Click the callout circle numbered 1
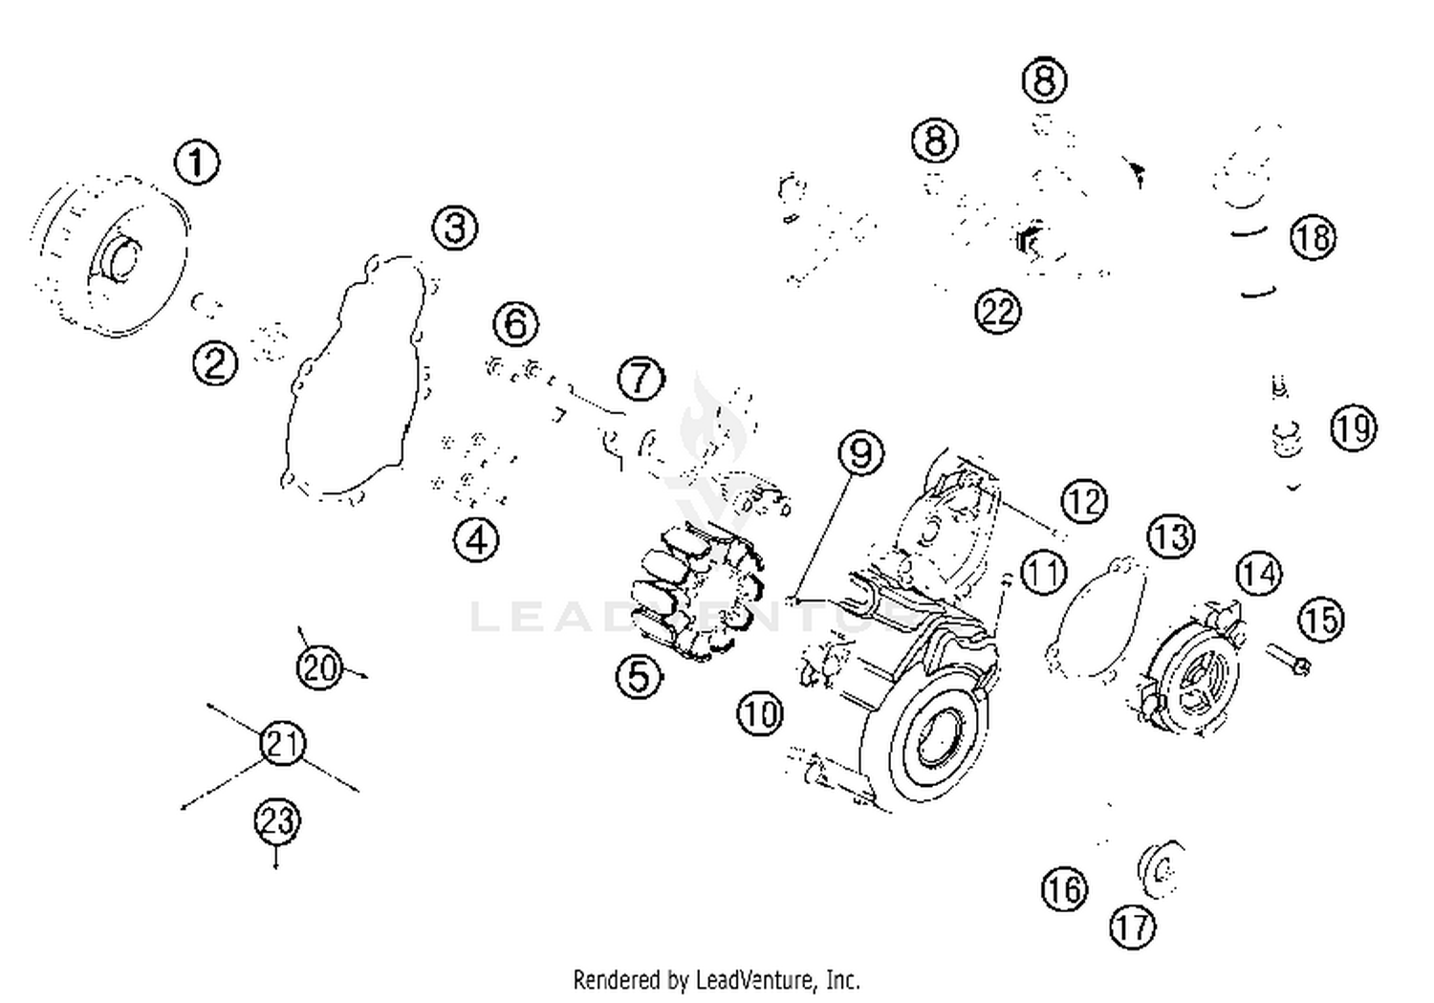click(x=197, y=162)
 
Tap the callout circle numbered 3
click(x=455, y=229)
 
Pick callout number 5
click(x=640, y=677)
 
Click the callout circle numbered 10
click(x=761, y=713)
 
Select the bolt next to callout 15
click(x=1288, y=659)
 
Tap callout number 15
click(x=1322, y=620)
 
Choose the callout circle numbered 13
click(x=1171, y=536)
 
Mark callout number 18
click(x=1313, y=236)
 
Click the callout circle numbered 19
click(x=1353, y=428)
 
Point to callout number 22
click(x=997, y=311)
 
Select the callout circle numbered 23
click(x=277, y=820)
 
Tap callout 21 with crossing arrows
click(x=282, y=743)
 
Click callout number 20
click(x=319, y=666)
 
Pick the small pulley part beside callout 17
click(x=1160, y=870)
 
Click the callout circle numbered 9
click(x=860, y=452)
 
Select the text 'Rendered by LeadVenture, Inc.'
click(x=716, y=980)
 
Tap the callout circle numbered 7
click(x=641, y=379)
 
